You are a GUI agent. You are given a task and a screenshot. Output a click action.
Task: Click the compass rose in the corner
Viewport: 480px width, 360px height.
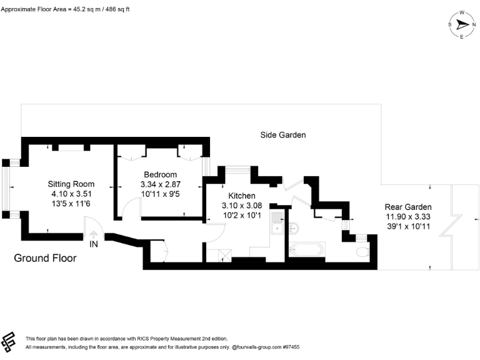[x=462, y=24]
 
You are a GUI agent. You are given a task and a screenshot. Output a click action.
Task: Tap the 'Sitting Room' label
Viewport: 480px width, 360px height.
[x=71, y=184]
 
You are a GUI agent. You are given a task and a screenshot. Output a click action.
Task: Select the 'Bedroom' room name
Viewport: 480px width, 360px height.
[x=160, y=174]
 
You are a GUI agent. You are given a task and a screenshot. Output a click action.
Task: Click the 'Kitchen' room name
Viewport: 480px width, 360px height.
[x=241, y=196]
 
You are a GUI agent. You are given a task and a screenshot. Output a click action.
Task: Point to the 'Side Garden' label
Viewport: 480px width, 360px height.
[x=283, y=135]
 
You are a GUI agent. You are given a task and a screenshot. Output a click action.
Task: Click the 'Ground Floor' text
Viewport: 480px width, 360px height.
[x=45, y=257]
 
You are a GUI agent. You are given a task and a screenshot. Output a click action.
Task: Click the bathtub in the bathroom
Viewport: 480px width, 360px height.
[x=306, y=251]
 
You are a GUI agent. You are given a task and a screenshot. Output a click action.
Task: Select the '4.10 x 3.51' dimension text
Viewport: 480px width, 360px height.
[x=71, y=194]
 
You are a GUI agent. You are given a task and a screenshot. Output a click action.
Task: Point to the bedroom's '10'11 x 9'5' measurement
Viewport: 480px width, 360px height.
[x=160, y=194]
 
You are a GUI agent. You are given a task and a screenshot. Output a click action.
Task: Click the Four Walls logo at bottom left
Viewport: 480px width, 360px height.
[x=9, y=342]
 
